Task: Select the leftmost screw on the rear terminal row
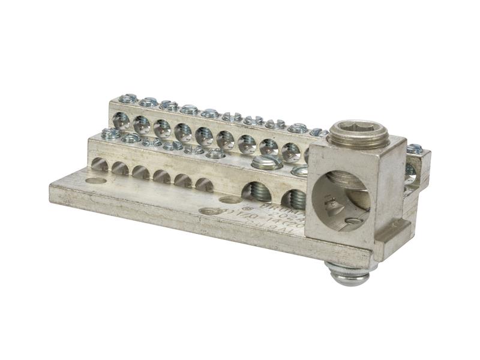[128, 98]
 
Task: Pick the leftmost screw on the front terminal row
[110, 133]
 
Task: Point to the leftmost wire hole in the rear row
[121, 120]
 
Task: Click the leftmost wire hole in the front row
[100, 164]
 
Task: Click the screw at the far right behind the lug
[414, 149]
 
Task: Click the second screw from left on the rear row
[148, 102]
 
